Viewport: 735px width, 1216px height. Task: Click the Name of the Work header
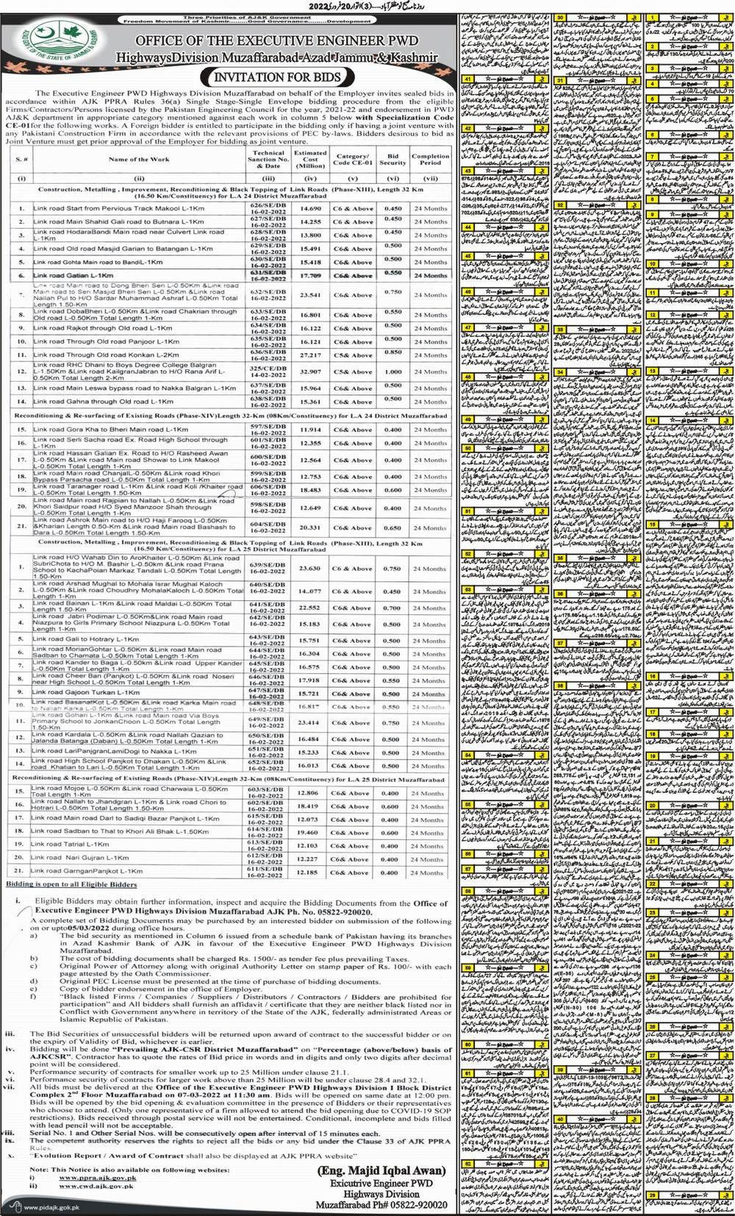coord(139,159)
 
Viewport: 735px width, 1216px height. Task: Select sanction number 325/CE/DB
coord(267,368)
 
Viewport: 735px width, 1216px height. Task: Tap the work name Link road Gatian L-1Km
coord(73,275)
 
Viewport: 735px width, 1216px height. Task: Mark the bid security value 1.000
coord(393,371)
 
